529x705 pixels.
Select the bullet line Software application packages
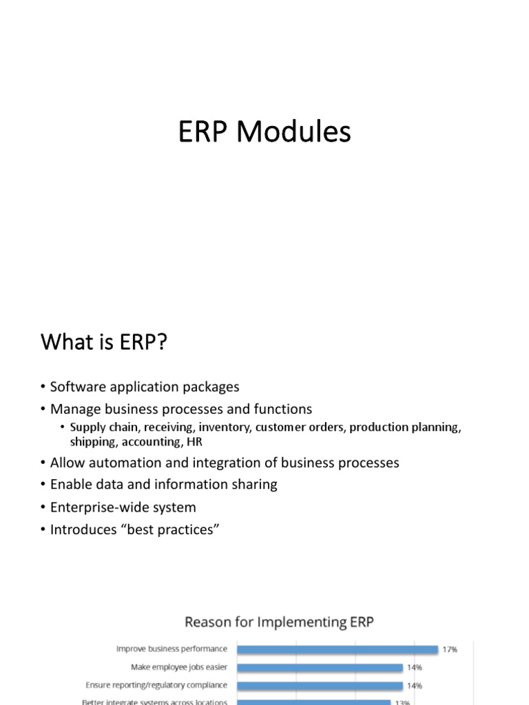145,387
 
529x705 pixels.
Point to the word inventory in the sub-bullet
225,427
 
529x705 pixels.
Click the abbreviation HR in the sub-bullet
194,442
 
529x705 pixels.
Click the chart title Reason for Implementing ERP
279,622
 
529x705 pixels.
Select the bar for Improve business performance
338,649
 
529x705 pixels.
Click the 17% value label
450,649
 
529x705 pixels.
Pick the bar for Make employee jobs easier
320,667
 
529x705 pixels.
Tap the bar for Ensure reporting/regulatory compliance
320,686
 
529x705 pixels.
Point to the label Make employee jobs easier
179,667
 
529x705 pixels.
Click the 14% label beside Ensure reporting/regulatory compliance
414,686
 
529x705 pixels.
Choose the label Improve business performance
172,649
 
